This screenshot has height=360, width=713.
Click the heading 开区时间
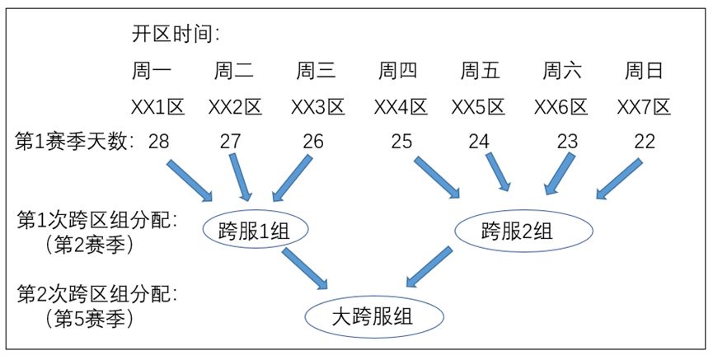click(x=176, y=34)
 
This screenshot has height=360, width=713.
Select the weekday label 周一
click(x=151, y=72)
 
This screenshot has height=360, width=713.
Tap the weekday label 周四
click(x=398, y=72)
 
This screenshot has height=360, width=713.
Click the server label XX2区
click(x=234, y=107)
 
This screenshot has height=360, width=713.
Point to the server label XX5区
click(x=478, y=107)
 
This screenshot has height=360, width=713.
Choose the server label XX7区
click(x=645, y=107)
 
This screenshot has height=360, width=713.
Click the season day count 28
click(x=158, y=141)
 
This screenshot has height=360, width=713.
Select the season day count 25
click(x=401, y=141)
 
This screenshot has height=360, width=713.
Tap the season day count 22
click(x=645, y=141)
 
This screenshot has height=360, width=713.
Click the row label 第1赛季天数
click(x=75, y=141)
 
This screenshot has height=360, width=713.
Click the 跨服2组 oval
click(x=523, y=231)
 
